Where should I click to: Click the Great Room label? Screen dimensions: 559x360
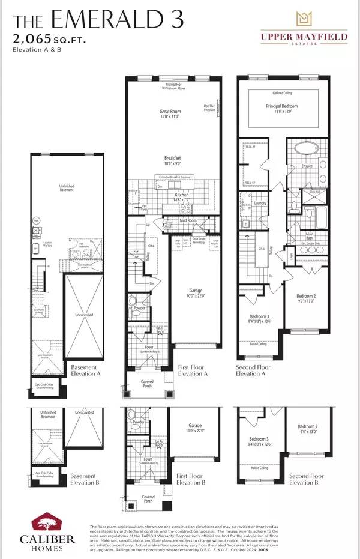point(170,112)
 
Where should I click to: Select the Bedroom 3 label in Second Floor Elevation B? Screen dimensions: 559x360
point(259,439)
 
